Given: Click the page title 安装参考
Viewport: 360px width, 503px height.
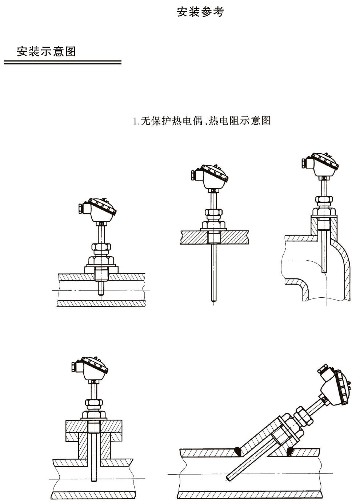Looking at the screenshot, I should (x=200, y=12).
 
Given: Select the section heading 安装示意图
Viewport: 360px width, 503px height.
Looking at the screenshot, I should (x=46, y=51).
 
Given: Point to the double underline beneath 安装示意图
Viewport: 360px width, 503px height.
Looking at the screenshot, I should (x=63, y=63).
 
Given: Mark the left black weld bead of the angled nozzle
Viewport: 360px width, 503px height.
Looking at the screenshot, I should (x=238, y=451).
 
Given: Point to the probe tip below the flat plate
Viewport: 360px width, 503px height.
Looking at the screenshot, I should (x=213, y=299).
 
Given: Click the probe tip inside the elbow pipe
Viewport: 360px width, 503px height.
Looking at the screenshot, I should (x=324, y=271).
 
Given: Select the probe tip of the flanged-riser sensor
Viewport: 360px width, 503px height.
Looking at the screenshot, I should (x=94, y=480).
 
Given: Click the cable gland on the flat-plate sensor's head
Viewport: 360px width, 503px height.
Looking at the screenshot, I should (x=193, y=175).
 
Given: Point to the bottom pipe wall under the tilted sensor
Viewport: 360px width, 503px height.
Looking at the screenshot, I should (x=251, y=495).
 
